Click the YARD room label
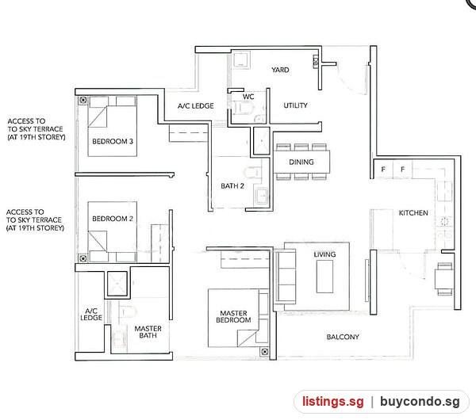tap(280, 70)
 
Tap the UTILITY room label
tap(295, 105)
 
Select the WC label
tap(248, 97)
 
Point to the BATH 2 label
tap(232, 186)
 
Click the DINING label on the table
tap(301, 162)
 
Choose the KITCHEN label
tap(413, 213)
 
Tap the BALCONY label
tap(343, 337)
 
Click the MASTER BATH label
tap(148, 332)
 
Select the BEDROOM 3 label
tap(113, 141)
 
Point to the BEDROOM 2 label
tap(113, 219)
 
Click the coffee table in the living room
tap(324, 277)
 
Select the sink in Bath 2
tap(261, 196)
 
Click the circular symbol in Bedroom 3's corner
tap(83, 100)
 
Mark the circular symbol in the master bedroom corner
tap(265, 352)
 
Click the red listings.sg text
tap(333, 401)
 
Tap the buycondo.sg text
tap(420, 402)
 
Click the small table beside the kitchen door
tap(444, 279)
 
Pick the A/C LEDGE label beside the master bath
tap(91, 314)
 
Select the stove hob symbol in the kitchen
tap(444, 221)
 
